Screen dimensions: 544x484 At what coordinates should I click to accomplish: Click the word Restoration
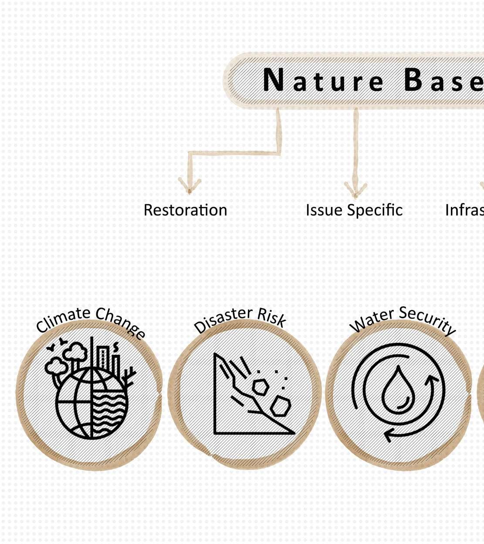(185, 210)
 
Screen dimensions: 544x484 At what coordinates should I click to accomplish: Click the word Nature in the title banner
(323, 81)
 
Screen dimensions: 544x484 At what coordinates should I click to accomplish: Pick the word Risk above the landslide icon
(271, 317)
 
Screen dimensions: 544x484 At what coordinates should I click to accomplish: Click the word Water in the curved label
(372, 320)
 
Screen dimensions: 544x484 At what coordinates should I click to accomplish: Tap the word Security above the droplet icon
(427, 319)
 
